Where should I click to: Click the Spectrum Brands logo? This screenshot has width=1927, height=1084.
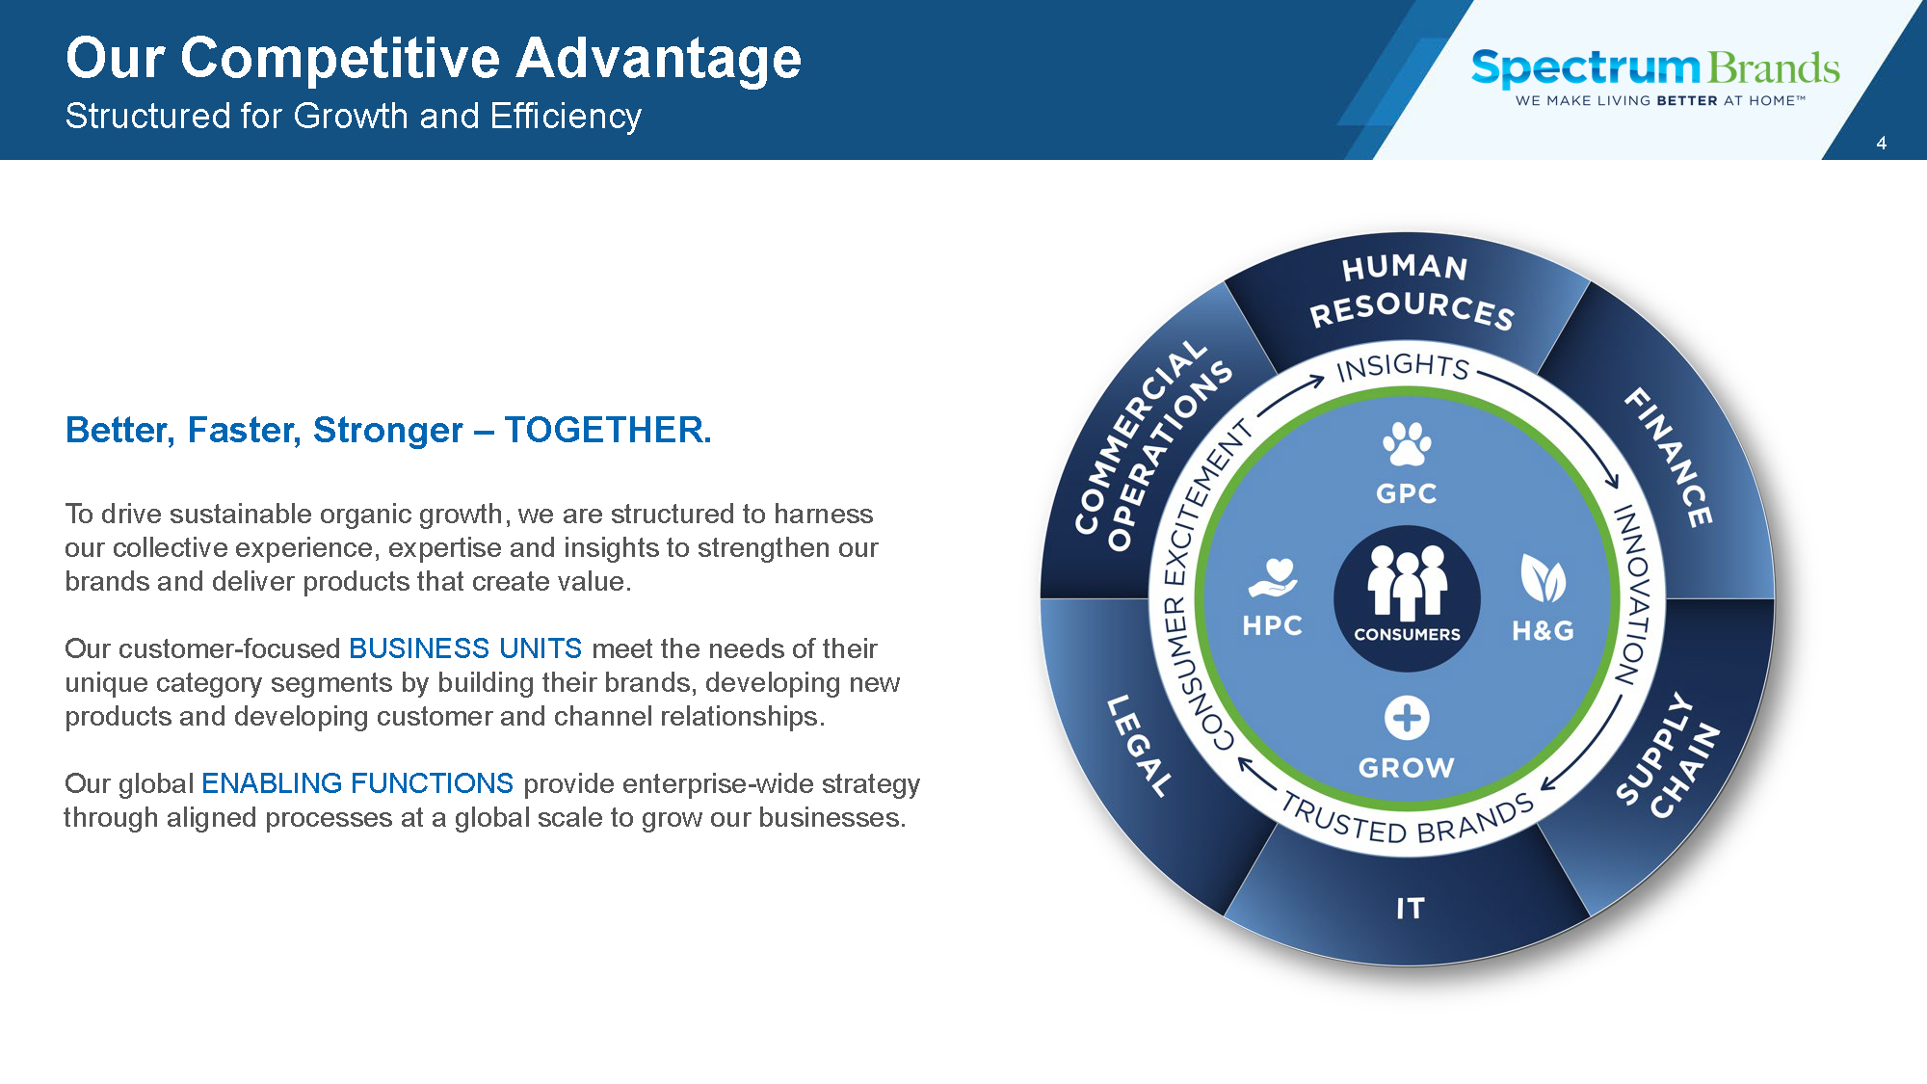click(1655, 76)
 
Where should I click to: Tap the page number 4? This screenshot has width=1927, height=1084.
click(1881, 144)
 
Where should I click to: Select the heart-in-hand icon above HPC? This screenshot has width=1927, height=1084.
click(1273, 578)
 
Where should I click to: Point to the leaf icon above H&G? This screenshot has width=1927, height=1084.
click(1543, 578)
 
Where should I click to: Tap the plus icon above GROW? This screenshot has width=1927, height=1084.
click(1407, 718)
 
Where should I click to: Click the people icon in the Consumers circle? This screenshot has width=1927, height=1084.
click(1407, 582)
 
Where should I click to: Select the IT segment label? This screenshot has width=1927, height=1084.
click(1410, 909)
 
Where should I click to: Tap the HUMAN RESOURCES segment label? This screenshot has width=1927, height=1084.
click(1410, 290)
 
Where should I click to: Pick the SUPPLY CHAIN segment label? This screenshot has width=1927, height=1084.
click(1668, 755)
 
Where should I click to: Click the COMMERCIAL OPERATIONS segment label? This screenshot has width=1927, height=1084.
click(1153, 446)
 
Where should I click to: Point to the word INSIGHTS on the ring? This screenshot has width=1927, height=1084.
click(1404, 366)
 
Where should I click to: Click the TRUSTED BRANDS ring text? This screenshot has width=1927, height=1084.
click(1408, 820)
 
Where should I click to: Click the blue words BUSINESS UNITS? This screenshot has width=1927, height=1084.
click(465, 648)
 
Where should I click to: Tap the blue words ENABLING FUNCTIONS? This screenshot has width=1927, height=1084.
click(357, 783)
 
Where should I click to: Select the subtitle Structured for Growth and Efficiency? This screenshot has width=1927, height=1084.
click(354, 117)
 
